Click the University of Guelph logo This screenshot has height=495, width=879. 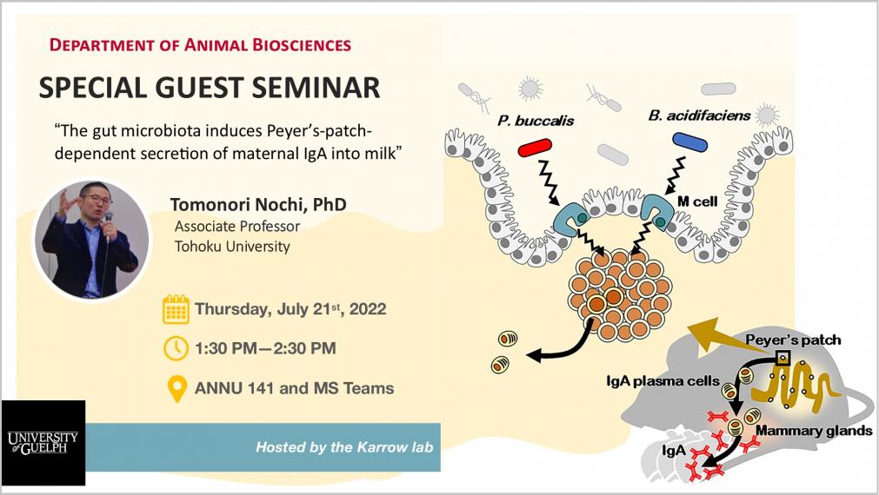(43, 442)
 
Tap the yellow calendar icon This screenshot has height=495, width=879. (176, 309)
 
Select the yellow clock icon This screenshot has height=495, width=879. (176, 347)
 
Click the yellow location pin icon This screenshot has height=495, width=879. (177, 388)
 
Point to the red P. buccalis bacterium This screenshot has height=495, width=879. (535, 148)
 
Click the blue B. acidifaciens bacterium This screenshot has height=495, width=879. (689, 142)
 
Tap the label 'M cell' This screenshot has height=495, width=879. (696, 201)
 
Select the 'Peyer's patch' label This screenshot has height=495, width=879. (793, 340)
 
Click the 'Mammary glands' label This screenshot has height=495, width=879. (814, 431)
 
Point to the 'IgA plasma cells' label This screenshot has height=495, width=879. (663, 381)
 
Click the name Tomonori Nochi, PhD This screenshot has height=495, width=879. (258, 204)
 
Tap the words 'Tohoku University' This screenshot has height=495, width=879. (232, 247)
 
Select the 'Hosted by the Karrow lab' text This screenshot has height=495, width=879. (344, 447)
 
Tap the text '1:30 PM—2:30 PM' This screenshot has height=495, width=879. (265, 348)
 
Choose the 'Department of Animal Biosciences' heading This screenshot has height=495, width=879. (200, 45)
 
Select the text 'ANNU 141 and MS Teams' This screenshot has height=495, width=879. (295, 388)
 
